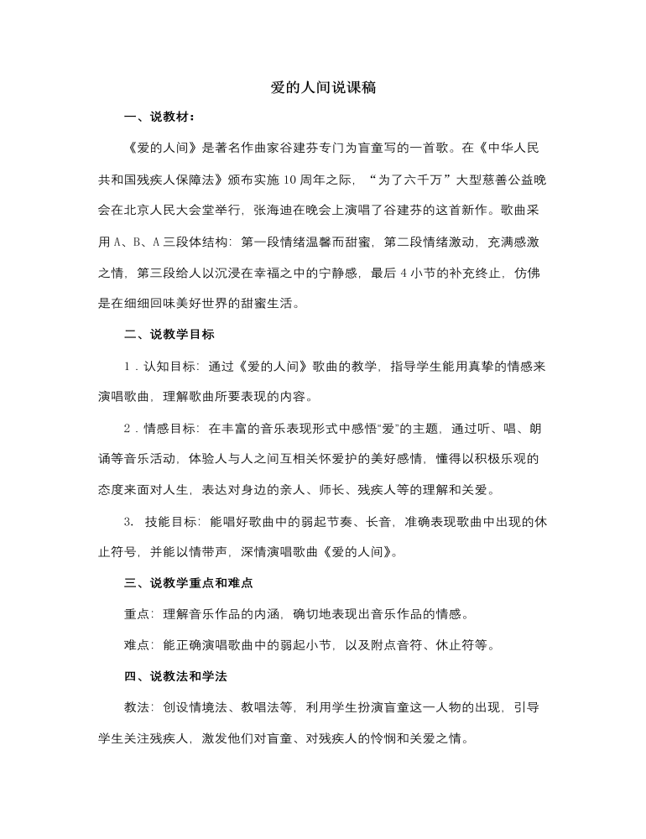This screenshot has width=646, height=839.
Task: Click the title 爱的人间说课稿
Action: (323, 88)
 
